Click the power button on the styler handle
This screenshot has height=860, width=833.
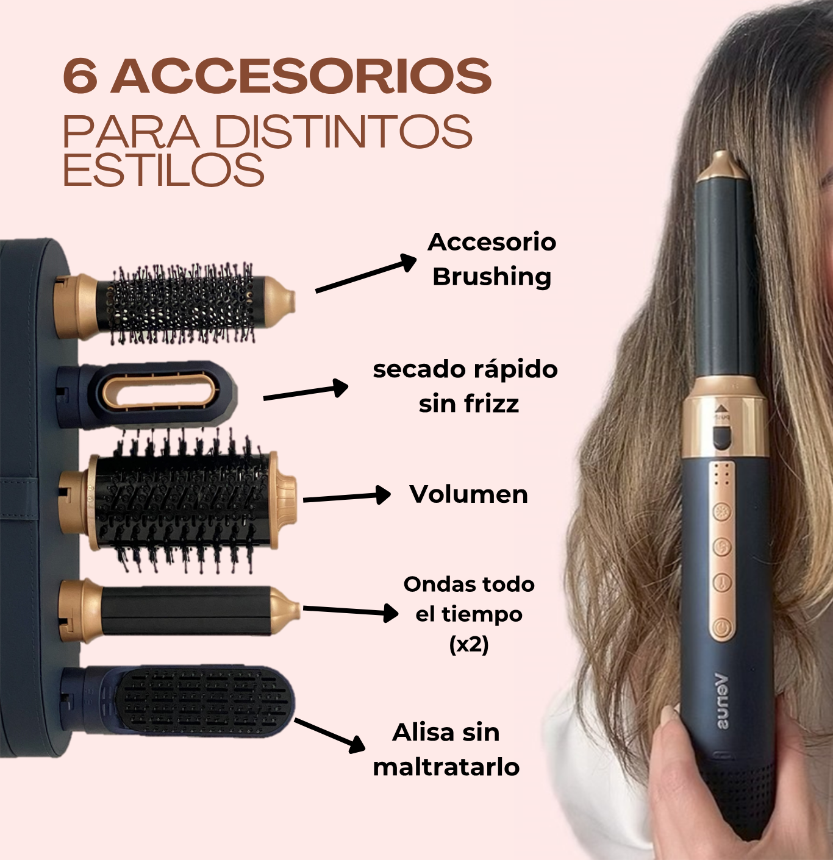pyautogui.click(x=722, y=628)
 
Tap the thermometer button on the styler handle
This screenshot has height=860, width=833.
pyautogui.click(x=722, y=581)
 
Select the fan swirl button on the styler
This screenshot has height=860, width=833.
pyautogui.click(x=722, y=547)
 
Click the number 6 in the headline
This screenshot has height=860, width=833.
pyautogui.click(x=80, y=76)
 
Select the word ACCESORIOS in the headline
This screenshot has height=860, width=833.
pyautogui.click(x=301, y=76)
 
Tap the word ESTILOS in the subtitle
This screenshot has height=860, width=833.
pyautogui.click(x=163, y=169)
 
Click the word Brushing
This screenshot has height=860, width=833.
pyautogui.click(x=492, y=277)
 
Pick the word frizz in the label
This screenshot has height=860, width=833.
pyautogui.click(x=492, y=403)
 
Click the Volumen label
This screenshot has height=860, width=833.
pyautogui.click(x=469, y=494)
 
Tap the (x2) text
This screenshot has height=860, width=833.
pyautogui.click(x=469, y=645)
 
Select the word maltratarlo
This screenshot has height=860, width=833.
pyautogui.click(x=446, y=767)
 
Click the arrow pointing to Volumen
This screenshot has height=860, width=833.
pyautogui.click(x=346, y=497)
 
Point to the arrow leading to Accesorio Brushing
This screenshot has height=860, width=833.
pyautogui.click(x=366, y=272)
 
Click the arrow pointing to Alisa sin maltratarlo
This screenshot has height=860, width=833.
pyautogui.click(x=330, y=736)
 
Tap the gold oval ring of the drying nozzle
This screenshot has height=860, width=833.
pyautogui.click(x=160, y=391)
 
